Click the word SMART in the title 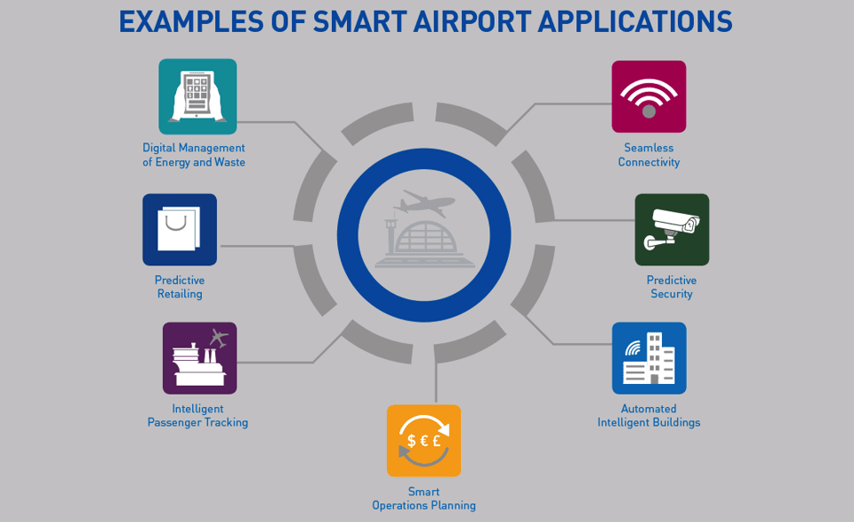[x=359, y=21]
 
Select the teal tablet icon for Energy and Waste [x=197, y=96]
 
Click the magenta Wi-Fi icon [x=649, y=96]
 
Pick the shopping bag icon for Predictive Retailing [x=180, y=230]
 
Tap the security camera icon [x=673, y=230]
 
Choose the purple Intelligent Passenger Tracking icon [x=200, y=358]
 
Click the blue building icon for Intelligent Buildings [x=649, y=358]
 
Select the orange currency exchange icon [x=423, y=441]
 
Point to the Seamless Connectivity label [x=649, y=155]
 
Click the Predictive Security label [x=672, y=287]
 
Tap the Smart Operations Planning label [x=423, y=499]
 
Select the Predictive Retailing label [x=180, y=287]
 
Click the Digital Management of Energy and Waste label [x=194, y=155]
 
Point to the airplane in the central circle [x=424, y=203]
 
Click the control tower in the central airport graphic [x=391, y=237]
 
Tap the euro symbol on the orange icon [x=423, y=440]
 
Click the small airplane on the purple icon [x=219, y=338]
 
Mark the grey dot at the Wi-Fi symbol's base [x=649, y=111]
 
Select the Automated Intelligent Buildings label [x=649, y=416]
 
